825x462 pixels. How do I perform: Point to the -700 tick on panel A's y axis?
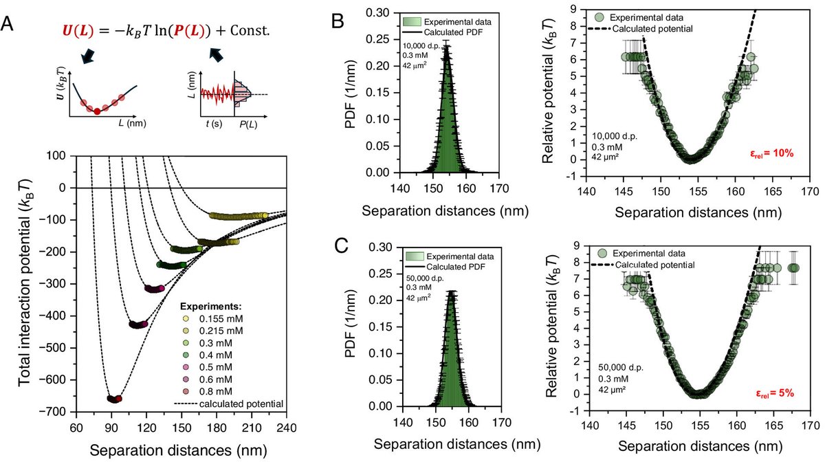(x=68, y=411)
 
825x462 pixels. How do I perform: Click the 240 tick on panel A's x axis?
(x=286, y=427)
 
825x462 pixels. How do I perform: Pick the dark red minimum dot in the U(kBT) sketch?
(x=98, y=111)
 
